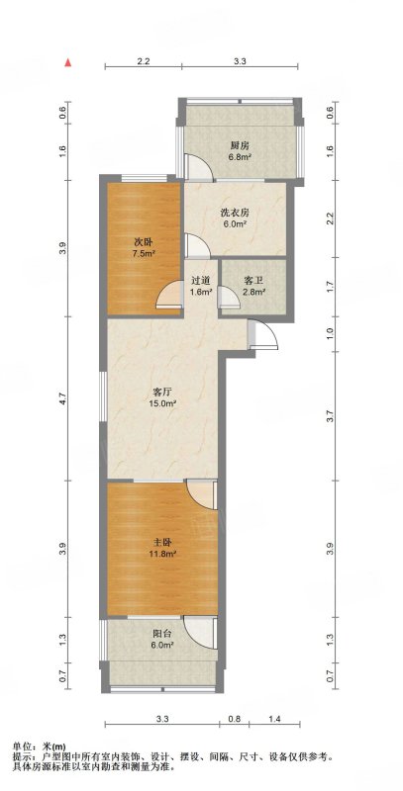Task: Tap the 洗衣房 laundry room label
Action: tap(233, 212)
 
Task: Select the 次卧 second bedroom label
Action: tap(143, 241)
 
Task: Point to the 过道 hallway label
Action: tap(202, 280)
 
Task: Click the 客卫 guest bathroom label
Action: tap(254, 280)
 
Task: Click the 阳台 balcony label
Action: tap(162, 632)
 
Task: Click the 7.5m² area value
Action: tap(143, 254)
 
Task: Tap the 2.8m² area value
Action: tap(254, 293)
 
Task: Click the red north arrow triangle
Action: tap(67, 63)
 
